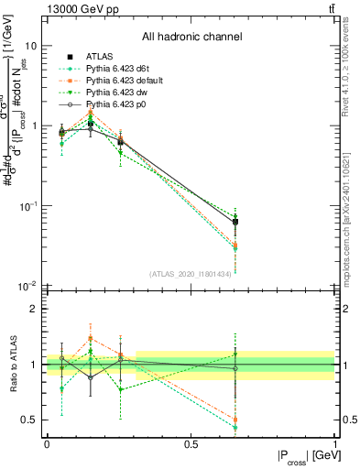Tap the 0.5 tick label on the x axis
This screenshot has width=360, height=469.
pos(191,443)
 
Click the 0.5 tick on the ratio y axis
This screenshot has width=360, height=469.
pos(30,420)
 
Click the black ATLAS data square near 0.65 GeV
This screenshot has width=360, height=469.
pos(235,222)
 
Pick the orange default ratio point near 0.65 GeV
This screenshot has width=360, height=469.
pos(235,420)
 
